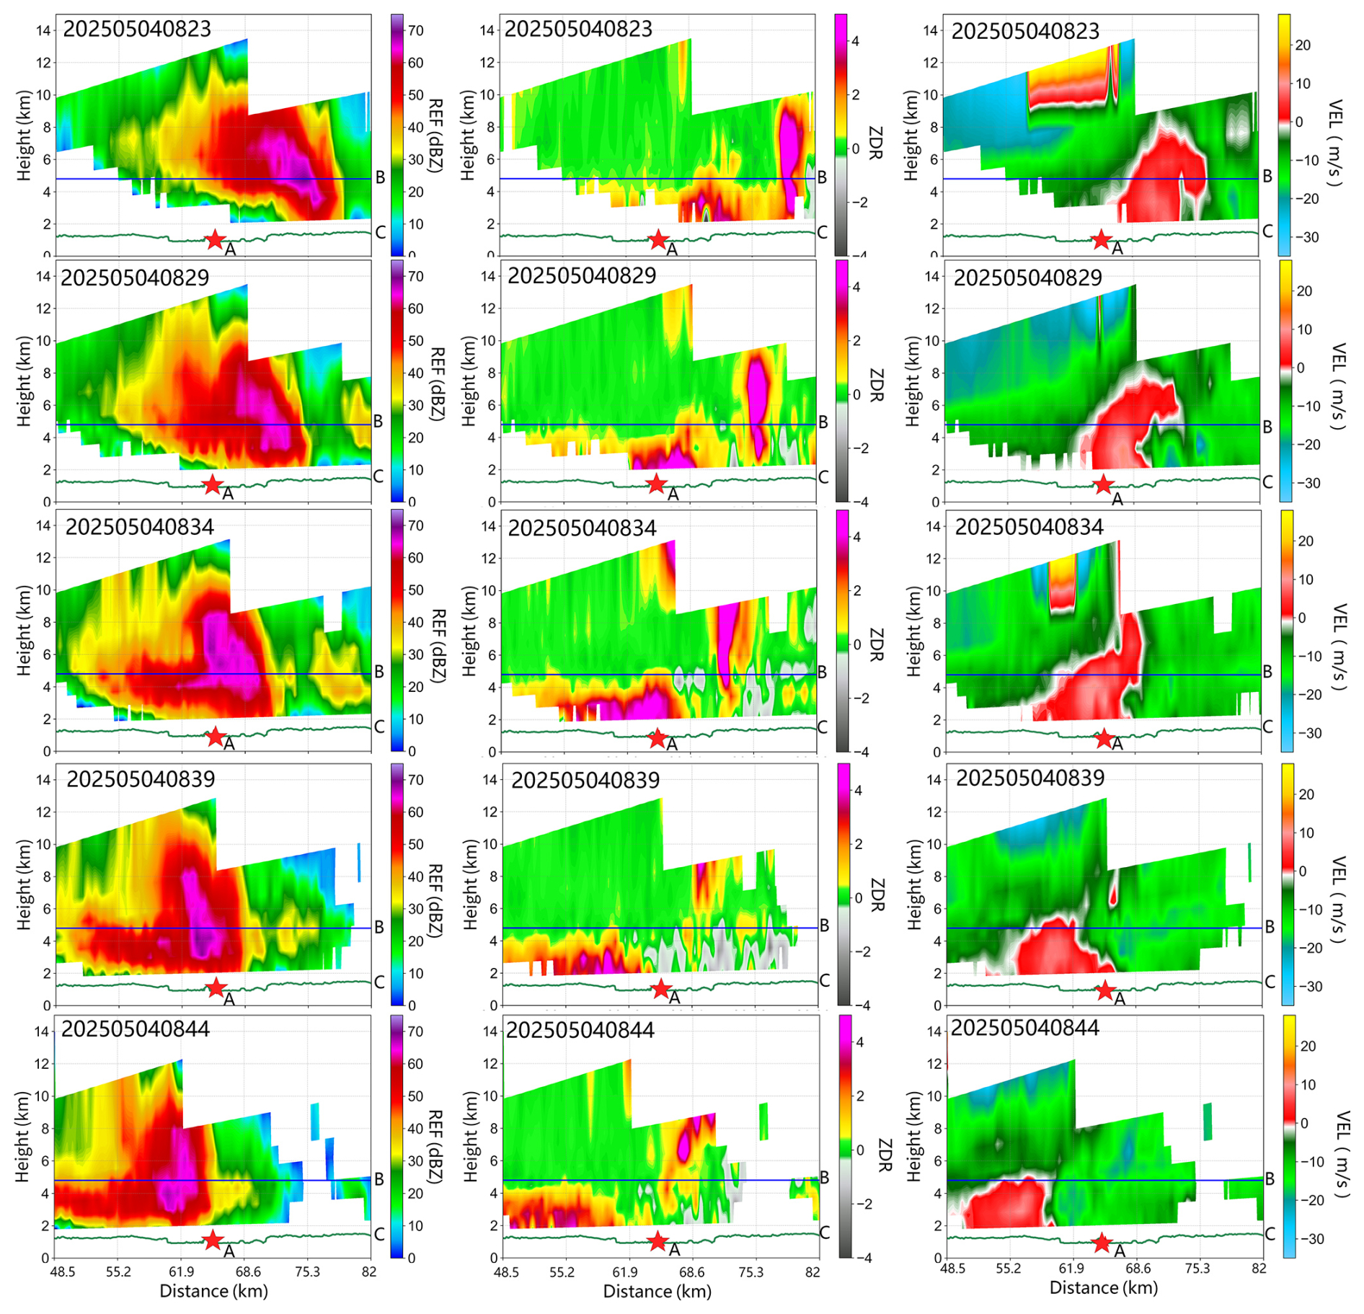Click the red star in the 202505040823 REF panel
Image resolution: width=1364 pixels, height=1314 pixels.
tap(215, 239)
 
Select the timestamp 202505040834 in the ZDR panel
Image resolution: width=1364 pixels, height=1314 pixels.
tap(582, 528)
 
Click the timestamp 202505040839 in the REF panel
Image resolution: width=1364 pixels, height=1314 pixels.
tap(141, 779)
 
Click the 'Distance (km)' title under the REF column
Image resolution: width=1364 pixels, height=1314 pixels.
tap(213, 1290)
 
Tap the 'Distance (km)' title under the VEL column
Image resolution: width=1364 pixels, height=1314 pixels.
tap(1103, 1287)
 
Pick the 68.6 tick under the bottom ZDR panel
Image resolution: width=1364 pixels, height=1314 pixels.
tap(691, 1272)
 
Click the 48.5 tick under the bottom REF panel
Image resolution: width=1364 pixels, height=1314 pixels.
tap(63, 1271)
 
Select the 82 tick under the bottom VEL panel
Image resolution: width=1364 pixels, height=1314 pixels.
tap(1258, 1269)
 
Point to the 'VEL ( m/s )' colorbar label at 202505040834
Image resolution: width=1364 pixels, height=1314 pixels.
tap(1337, 647)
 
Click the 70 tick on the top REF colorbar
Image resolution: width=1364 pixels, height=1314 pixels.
tap(416, 30)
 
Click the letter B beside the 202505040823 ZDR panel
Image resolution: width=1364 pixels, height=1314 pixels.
tap(822, 177)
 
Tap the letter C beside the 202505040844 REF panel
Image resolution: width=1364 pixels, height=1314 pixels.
tap(379, 1234)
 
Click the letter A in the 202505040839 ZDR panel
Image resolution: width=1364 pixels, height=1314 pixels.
tap(674, 998)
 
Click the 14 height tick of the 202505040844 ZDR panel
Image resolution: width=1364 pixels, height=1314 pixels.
tap(490, 1031)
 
